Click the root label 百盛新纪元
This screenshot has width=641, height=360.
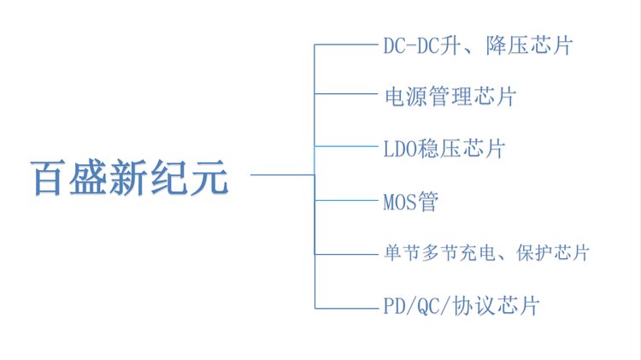coord(130,178)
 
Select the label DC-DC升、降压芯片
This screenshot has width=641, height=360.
coord(477,45)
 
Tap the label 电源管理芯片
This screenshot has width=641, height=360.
coord(449,96)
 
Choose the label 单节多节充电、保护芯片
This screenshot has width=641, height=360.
coord(485,253)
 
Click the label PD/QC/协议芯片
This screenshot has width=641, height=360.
coord(461,306)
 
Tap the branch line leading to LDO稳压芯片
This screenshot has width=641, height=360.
coord(345,148)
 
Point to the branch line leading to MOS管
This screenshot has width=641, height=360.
coord(345,201)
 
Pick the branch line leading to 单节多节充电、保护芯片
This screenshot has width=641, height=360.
coord(345,254)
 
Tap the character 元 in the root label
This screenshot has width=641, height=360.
coord(210,178)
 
